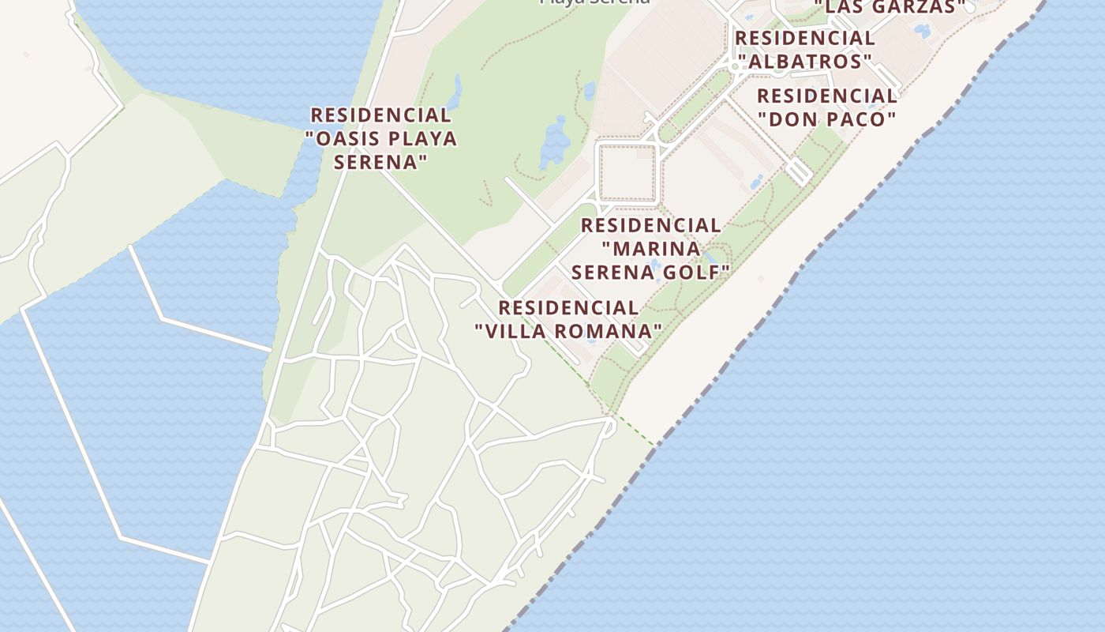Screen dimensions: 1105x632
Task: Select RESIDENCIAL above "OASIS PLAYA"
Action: tap(380, 115)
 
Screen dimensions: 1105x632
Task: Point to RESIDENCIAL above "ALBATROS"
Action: tap(805, 38)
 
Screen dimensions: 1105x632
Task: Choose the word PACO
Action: tap(860, 119)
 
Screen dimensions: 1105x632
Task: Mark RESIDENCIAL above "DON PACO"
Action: tap(826, 96)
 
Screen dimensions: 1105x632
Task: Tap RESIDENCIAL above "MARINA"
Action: tap(650, 226)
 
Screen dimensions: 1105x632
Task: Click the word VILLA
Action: tap(514, 331)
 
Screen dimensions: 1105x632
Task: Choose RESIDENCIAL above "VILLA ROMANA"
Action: tap(567, 308)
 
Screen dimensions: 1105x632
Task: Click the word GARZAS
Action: tap(920, 7)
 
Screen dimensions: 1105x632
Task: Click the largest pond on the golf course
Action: tap(555, 142)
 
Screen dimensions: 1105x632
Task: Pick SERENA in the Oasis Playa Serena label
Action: tap(380, 162)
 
